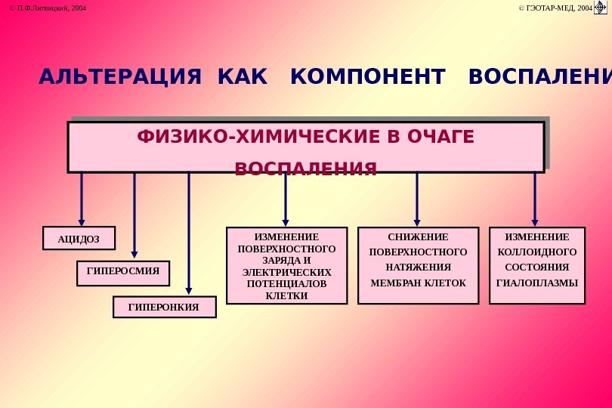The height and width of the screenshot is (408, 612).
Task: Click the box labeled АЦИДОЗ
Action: tap(79, 239)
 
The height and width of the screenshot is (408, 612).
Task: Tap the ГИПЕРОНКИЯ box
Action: tap(164, 307)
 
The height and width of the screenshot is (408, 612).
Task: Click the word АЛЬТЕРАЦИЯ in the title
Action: tap(120, 77)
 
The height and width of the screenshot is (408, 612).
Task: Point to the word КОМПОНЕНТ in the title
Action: tap(368, 77)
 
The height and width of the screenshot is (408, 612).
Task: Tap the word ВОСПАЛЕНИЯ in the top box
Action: tap(305, 168)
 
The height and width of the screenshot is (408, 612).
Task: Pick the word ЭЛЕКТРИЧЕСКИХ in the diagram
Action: tap(287, 271)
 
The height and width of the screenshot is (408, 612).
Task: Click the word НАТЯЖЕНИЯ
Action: tap(418, 267)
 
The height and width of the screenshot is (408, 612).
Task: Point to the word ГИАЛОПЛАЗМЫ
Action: tap(536, 283)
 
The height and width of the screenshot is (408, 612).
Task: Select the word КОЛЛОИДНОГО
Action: tap(536, 252)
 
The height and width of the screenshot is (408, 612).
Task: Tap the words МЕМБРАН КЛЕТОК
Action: tap(418, 283)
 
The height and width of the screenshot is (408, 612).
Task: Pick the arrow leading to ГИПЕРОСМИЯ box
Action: tap(134, 215)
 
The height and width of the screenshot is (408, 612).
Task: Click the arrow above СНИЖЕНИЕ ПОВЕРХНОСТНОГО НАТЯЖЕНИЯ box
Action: tap(417, 198)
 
